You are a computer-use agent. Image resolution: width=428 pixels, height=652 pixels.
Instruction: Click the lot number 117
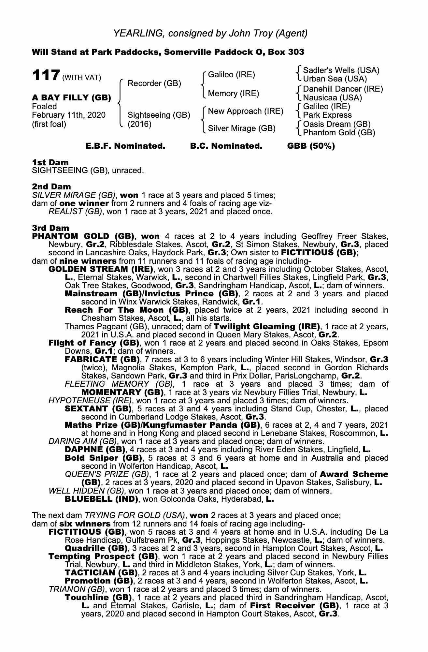tap(45, 75)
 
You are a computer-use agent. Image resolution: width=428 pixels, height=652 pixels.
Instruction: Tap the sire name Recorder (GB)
tap(154, 83)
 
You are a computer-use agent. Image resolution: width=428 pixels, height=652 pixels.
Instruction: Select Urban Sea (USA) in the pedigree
tap(335, 79)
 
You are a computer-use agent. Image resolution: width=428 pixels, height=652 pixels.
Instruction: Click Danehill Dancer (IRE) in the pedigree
tap(343, 89)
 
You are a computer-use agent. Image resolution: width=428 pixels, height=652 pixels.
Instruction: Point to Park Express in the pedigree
tap(327, 115)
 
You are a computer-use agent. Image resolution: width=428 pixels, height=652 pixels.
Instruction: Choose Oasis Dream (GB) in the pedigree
tap(337, 124)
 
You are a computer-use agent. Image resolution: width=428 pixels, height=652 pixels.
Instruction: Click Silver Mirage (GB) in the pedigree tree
tap(242, 128)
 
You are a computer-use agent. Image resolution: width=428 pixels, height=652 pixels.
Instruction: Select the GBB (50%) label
tap(311, 146)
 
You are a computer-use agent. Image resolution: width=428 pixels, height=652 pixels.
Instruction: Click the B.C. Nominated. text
tap(226, 146)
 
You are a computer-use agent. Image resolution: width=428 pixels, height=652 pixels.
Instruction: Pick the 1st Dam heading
tap(50, 162)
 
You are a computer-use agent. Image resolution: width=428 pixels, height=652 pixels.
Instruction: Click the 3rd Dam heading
tap(50, 228)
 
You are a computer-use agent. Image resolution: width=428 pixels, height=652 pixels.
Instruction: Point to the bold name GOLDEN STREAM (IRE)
tap(101, 269)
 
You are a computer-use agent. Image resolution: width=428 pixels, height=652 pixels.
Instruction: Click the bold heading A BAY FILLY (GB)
tap(71, 97)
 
